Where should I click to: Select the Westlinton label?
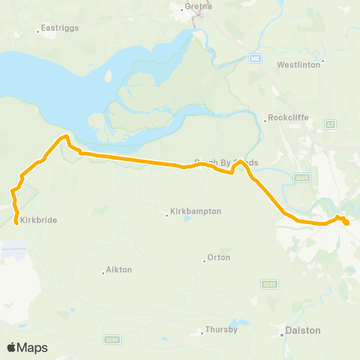pos(298,64)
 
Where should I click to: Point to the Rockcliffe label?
pos(288,118)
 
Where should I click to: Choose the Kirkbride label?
pos(38,220)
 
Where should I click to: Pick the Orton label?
pos(218,258)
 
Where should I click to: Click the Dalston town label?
pos(304,330)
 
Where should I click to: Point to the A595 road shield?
pos(269,284)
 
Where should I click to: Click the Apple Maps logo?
pos(26,347)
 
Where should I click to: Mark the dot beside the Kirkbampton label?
pos(167,215)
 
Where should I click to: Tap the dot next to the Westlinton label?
pos(323,61)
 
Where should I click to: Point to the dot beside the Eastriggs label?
pos(38,31)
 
